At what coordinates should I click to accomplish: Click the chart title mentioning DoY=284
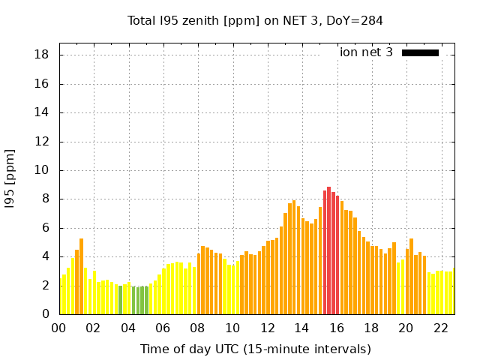[x=255, y=20]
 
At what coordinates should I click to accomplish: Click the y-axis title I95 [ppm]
[x=10, y=178]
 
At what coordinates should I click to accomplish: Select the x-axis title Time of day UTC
[x=255, y=349]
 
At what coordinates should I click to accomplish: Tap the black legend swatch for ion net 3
[x=420, y=52]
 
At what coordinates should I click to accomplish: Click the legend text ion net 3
[x=366, y=52]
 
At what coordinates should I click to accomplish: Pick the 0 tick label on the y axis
[x=46, y=314]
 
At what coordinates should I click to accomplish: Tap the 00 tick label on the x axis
[x=58, y=328]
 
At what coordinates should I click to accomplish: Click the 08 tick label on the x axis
[x=197, y=328]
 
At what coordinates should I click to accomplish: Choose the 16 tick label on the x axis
[x=337, y=328]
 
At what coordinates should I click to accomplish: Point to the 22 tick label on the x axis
[x=441, y=328]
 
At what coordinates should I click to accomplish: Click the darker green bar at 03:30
[x=120, y=300]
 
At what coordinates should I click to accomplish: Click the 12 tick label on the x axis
[x=267, y=328]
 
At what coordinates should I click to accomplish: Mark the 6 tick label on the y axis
[x=46, y=228]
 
